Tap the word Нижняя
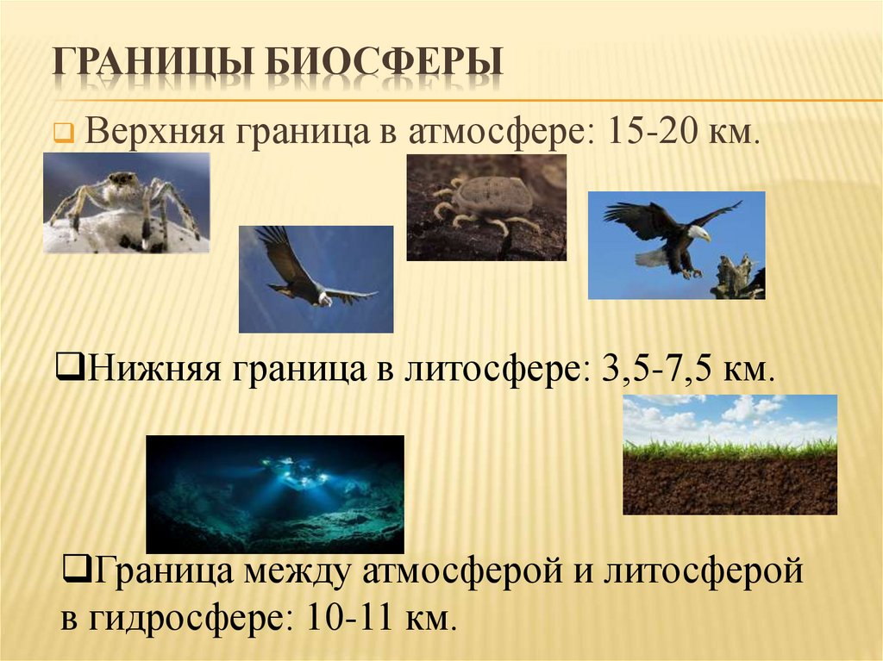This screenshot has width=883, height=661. (154, 371)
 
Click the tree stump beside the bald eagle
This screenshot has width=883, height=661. (737, 277)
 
